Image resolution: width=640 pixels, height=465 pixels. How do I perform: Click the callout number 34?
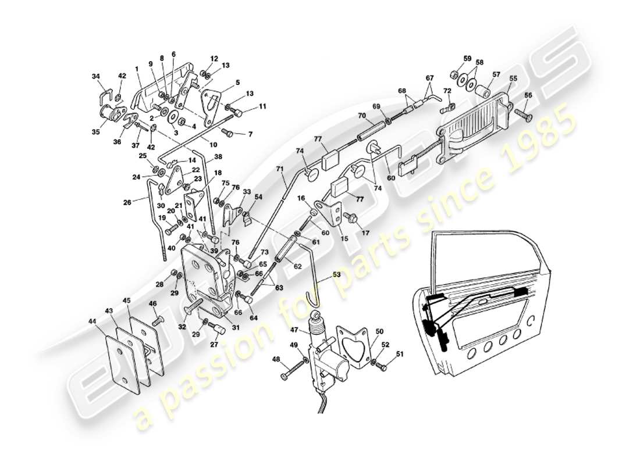95,76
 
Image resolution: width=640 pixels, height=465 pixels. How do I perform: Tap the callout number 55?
513,78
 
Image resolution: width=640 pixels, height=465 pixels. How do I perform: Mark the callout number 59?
467,58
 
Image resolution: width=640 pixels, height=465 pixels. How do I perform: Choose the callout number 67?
429,78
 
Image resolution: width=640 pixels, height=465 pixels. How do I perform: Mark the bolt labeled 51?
381,367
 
